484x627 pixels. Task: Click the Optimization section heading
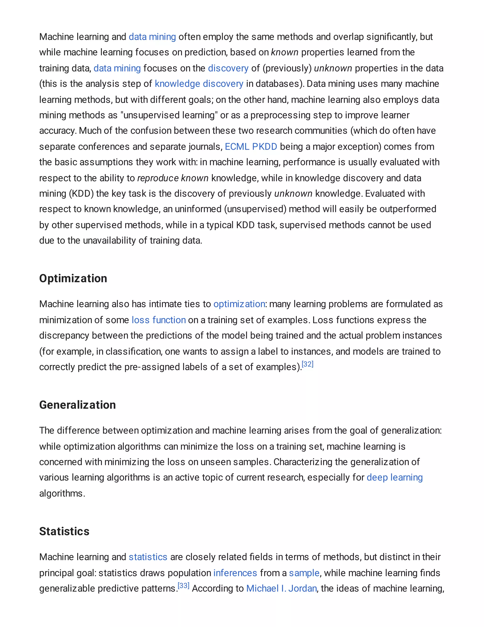[73, 278]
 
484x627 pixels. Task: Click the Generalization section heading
[78, 405]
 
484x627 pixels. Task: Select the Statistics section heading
[64, 531]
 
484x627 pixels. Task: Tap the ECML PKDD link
[251, 147]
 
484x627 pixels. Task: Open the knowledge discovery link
[199, 84]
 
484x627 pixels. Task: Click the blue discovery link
[228, 68]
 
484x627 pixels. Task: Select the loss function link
[159, 320]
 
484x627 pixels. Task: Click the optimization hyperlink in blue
[239, 304]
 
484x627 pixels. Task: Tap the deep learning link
[394, 477]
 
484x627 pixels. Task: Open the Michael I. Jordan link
[281, 588]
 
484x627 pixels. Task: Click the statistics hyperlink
[148, 557]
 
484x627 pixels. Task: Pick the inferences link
[235, 573]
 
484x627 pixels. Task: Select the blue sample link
[304, 573]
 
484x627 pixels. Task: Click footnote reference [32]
[308, 364]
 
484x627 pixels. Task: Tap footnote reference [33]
[183, 586]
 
